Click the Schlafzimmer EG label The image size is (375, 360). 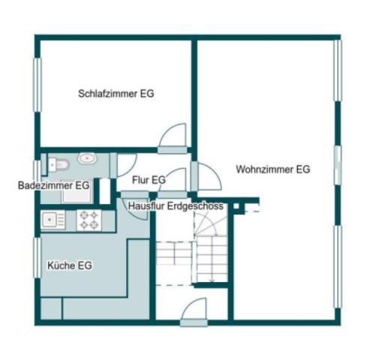point(117,94)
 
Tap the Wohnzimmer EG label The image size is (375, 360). point(272,169)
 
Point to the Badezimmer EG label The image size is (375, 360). point(54,184)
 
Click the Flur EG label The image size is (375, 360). point(148,180)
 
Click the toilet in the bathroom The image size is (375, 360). point(60,162)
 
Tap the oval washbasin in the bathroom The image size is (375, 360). point(88,159)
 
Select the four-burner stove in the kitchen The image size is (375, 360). point(89,220)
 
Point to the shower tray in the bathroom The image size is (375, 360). point(76,192)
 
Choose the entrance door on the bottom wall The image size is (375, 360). point(194,311)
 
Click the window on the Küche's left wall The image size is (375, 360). point(36,257)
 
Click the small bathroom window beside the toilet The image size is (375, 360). point(36,170)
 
